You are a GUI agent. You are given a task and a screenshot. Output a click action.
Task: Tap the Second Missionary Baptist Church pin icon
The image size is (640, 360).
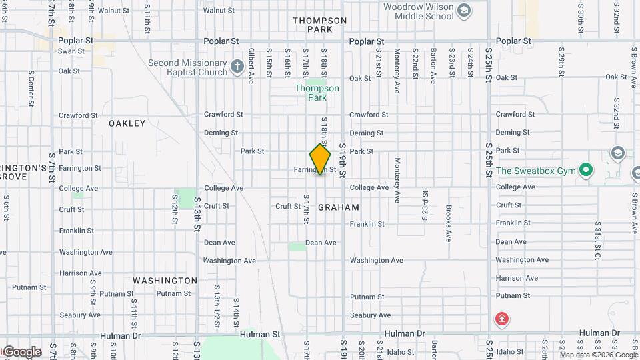237,67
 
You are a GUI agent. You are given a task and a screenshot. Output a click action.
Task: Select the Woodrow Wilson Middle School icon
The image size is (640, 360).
464,10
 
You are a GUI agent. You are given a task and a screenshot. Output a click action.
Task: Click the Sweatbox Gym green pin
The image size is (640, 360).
586,171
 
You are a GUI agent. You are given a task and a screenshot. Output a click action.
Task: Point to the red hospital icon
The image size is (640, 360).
501,320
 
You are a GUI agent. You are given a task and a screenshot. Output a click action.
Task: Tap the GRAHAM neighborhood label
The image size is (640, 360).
339,207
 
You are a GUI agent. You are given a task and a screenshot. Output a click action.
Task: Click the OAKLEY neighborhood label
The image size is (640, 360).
127,123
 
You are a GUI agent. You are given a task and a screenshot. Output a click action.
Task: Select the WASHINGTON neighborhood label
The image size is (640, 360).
165,281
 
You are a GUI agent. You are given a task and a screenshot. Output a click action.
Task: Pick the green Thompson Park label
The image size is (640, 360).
317,93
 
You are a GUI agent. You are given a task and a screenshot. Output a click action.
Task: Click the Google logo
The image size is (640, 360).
21,352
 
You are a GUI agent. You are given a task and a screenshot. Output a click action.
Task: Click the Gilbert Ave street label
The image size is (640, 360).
251,65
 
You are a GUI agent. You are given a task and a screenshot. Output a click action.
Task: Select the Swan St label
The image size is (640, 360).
71,51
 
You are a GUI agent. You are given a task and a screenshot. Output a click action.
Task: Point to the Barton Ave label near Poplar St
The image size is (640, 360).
433,65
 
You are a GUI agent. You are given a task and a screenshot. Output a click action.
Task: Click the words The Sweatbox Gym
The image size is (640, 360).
535,171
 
